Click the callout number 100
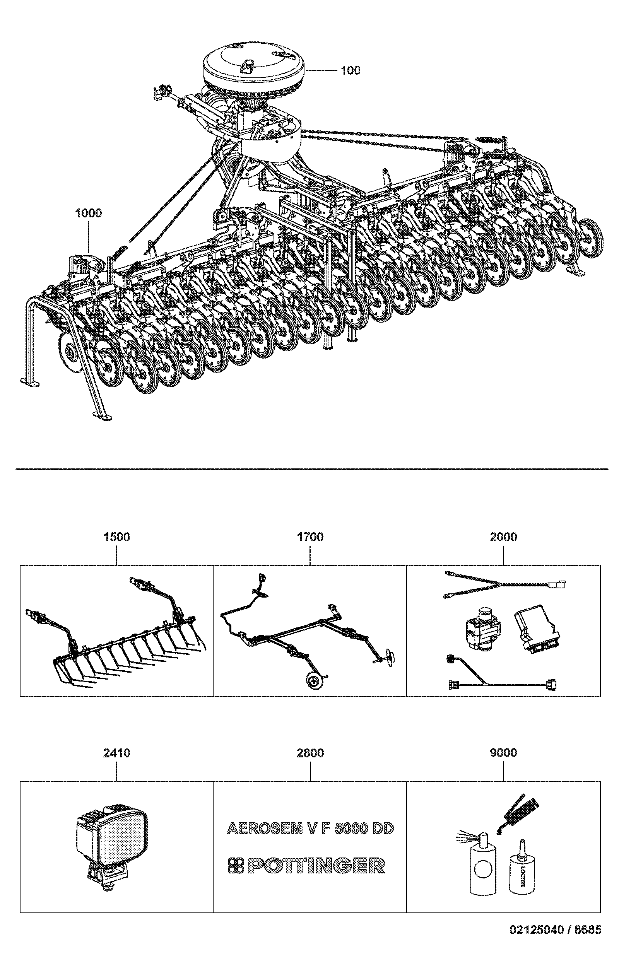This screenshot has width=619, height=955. click(351, 70)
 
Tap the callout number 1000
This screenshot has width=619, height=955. click(89, 213)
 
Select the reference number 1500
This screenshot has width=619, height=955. click(117, 536)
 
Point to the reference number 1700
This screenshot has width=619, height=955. click(310, 536)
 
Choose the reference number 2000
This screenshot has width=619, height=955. click(503, 536)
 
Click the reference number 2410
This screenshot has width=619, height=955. click(117, 753)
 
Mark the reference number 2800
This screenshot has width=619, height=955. click(310, 753)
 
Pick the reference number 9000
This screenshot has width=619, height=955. click(503, 753)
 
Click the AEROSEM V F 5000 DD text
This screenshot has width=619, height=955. click(310, 828)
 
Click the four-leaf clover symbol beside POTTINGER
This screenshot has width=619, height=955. click(236, 866)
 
